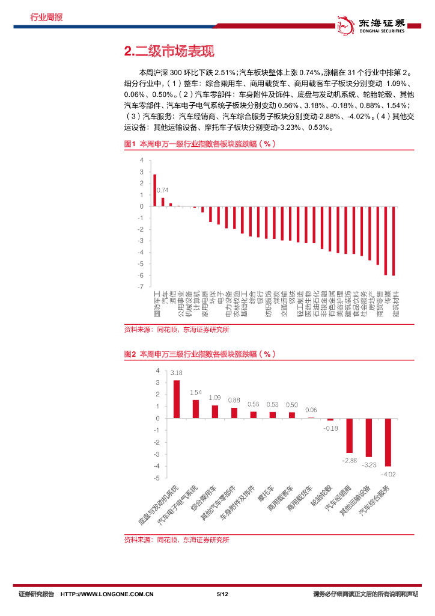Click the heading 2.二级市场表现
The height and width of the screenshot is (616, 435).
(x=169, y=51)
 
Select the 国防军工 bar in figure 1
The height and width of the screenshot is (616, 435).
(x=154, y=190)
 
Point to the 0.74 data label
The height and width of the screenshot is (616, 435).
(x=162, y=191)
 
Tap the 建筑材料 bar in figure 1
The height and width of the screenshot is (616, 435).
(x=394, y=241)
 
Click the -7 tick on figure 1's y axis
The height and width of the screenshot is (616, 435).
(x=141, y=287)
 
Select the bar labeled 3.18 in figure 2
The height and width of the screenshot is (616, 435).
(x=177, y=399)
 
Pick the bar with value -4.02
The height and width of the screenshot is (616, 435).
(x=388, y=442)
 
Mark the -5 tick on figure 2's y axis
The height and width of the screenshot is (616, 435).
(x=157, y=478)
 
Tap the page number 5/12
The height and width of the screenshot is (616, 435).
(x=222, y=594)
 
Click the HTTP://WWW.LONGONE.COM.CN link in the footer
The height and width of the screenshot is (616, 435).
(x=108, y=594)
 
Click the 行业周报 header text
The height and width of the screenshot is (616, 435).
(x=46, y=17)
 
